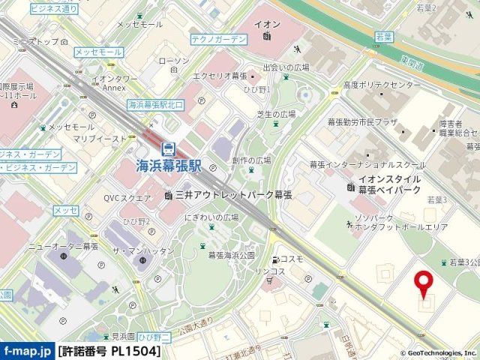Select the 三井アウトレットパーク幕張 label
click(232, 195)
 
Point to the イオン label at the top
click(268, 23)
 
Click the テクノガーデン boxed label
click(218, 38)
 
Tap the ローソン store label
click(175, 60)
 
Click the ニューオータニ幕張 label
click(64, 246)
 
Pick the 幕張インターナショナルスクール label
click(361, 164)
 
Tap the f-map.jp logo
click(27, 351)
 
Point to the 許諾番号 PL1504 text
click(109, 351)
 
